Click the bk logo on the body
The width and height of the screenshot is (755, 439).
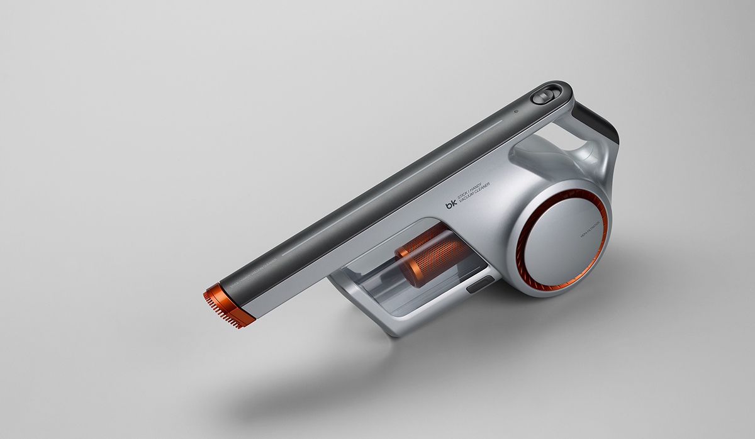451,204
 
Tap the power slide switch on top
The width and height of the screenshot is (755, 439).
541,97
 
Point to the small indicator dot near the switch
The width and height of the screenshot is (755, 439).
515,113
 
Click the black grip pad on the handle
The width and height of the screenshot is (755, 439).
601,119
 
